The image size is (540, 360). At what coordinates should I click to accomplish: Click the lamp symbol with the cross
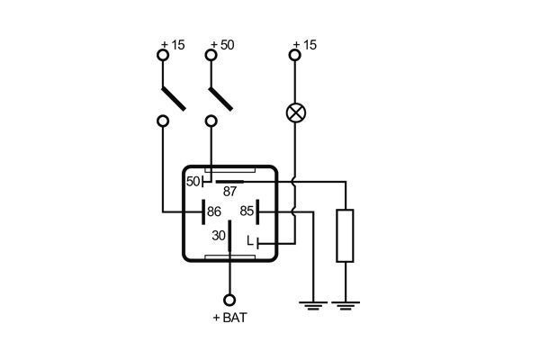[x=294, y=112]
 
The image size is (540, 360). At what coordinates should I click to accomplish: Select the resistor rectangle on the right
[x=345, y=235]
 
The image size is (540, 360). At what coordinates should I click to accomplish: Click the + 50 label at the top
[x=220, y=45]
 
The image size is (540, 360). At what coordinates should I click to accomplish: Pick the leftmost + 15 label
[x=172, y=45]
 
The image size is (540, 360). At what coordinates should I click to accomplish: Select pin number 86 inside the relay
[x=214, y=211]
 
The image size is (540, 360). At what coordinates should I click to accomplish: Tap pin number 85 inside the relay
[x=245, y=211]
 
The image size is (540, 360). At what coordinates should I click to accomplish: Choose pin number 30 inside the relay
[x=218, y=236]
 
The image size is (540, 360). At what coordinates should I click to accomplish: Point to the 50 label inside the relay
[x=193, y=181]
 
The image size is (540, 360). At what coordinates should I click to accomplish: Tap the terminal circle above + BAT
[x=229, y=299]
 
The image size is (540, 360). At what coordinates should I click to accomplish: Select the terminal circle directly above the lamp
[x=294, y=56]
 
